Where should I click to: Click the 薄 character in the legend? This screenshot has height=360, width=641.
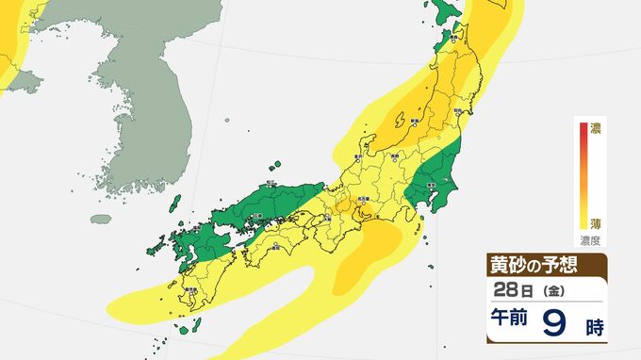[595, 223]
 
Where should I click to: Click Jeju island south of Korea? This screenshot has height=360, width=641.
[100, 219]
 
